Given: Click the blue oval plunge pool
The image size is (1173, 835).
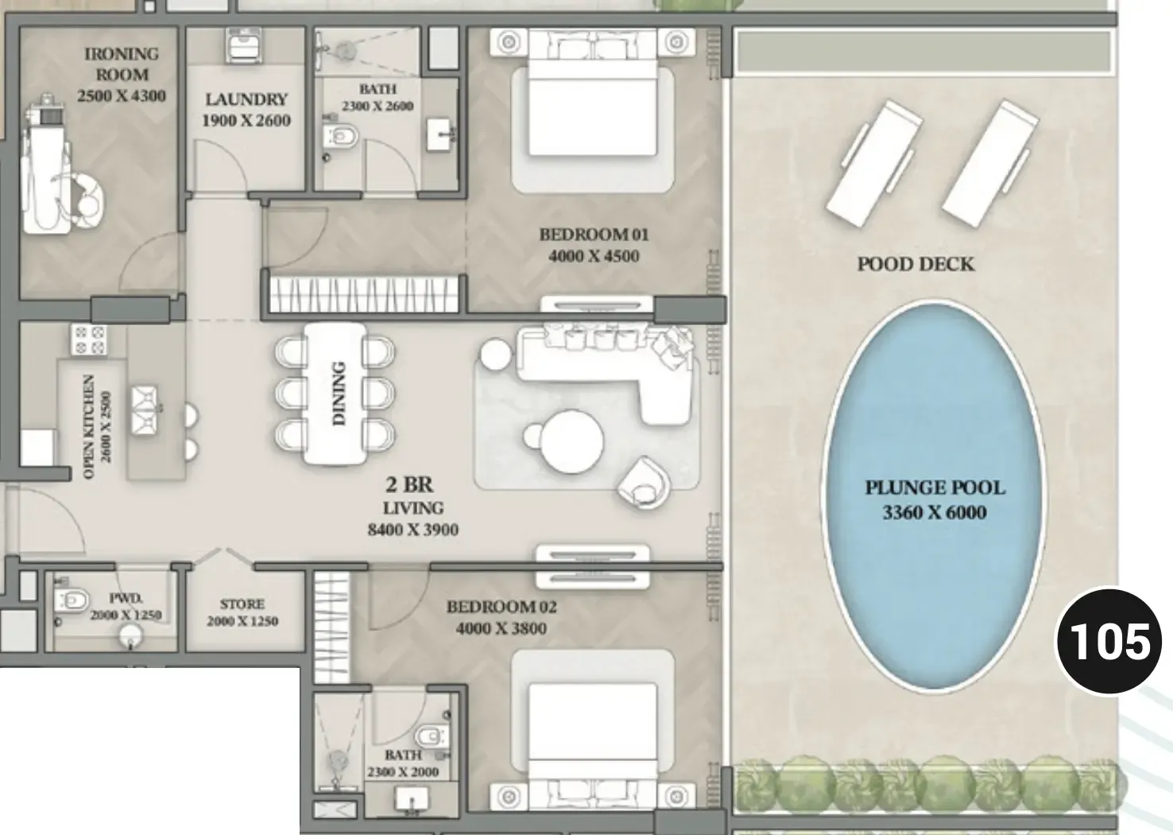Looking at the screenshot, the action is [934, 495].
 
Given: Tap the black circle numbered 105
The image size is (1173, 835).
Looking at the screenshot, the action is [1109, 641].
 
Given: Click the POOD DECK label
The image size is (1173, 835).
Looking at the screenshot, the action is [916, 264].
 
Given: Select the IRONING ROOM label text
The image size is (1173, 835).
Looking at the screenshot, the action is [122, 64].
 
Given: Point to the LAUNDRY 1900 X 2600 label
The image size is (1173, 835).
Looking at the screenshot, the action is [246, 110].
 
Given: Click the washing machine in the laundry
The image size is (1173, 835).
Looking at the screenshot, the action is [245, 46].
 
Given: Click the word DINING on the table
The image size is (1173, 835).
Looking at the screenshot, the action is [339, 393].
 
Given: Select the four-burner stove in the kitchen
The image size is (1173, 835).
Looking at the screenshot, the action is [89, 340].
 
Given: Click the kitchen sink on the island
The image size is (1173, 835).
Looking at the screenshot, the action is [145, 410].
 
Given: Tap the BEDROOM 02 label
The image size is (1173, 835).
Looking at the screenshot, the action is [501, 607].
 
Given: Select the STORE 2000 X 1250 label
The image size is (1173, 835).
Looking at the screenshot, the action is [242, 613].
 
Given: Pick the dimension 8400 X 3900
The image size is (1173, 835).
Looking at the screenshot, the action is [413, 530].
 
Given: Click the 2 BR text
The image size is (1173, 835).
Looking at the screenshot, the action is [409, 485].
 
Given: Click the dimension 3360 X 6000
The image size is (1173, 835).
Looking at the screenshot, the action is [935, 512].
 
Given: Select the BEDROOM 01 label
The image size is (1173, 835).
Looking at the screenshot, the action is [594, 235].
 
